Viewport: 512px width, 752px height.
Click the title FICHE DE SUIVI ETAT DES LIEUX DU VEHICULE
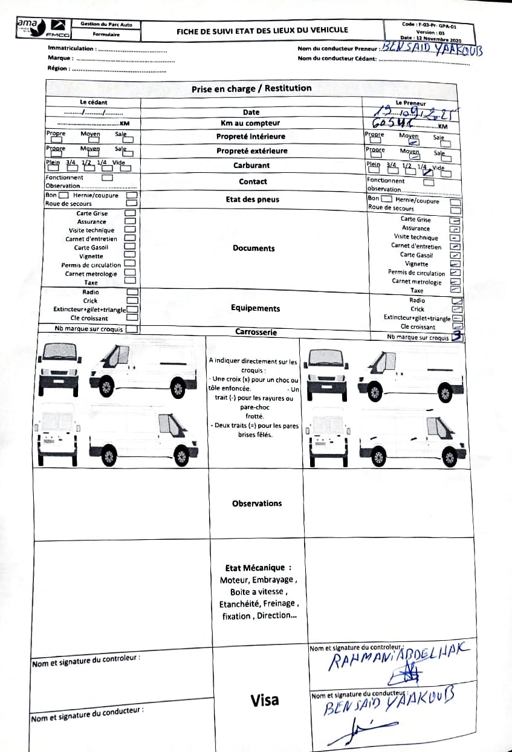coord(262,30)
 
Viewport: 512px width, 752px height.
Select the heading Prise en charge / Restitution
coord(251,88)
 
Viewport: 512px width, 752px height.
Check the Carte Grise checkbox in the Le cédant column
coord(130,213)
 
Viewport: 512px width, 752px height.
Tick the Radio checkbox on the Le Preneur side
coord(457,300)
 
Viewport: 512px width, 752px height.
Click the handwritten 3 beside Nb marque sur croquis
coord(458,337)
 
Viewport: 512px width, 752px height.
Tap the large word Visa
coord(265,700)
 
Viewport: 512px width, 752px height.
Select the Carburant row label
coord(251,165)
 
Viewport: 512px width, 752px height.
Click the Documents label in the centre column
coord(253,248)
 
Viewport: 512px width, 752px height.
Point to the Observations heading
coord(257,504)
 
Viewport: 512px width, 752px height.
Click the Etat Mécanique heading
coord(258,568)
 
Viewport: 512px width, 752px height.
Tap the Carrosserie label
coord(256,332)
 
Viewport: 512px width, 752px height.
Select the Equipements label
coord(255,308)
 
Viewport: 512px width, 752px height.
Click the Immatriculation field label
coord(71,48)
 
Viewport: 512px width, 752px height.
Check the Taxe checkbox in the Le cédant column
coord(130,282)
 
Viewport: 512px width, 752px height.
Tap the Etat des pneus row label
coord(253,199)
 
